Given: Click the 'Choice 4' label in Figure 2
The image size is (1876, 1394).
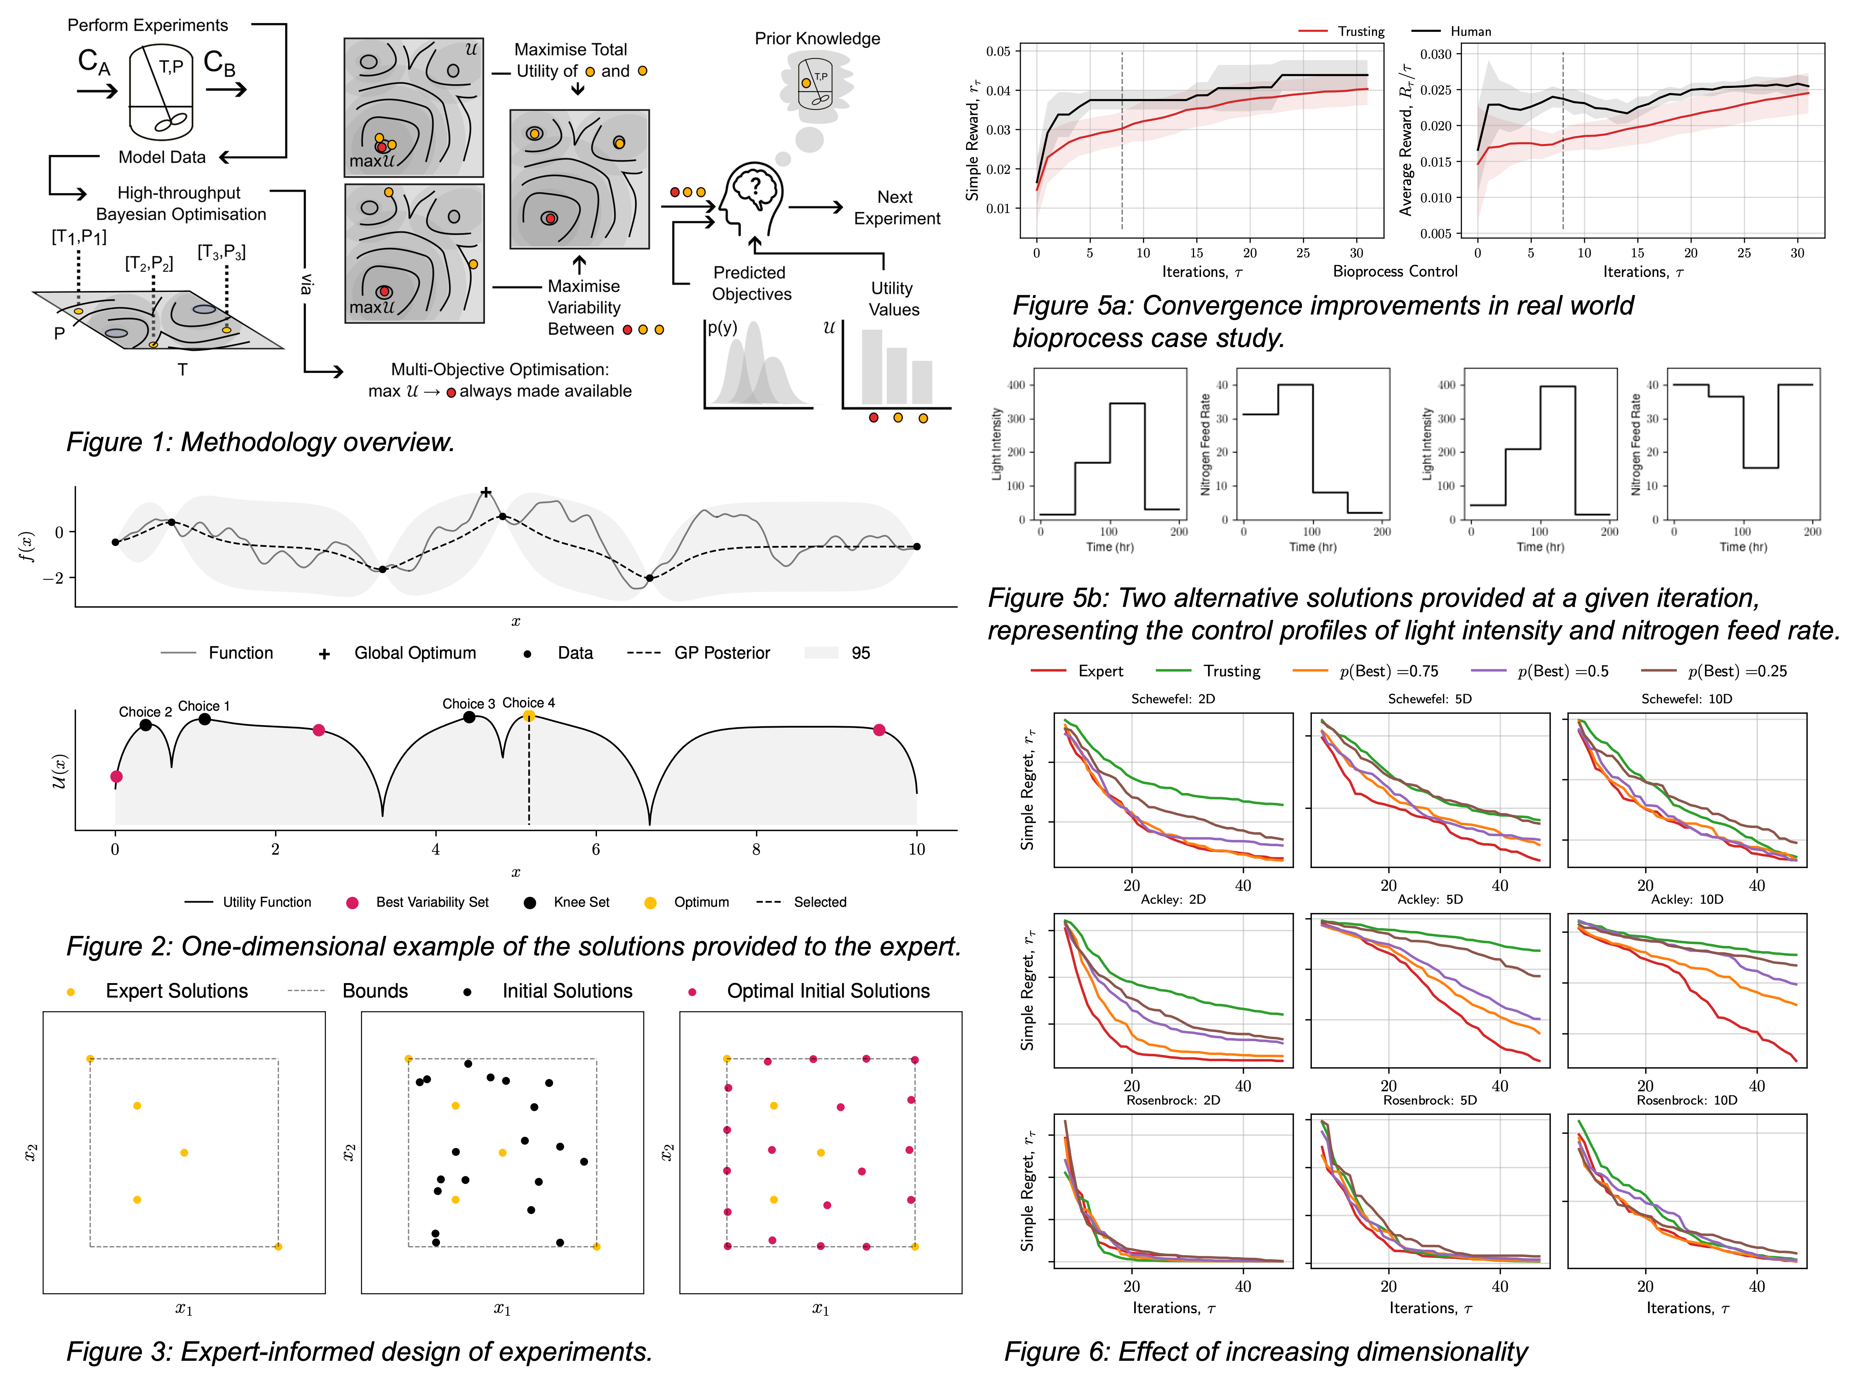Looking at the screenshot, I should tap(529, 703).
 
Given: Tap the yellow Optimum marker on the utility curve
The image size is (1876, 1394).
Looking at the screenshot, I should tap(529, 717).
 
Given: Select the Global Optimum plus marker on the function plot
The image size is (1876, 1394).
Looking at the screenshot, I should tap(485, 492).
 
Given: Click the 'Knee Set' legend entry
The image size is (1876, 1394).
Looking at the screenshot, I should tap(581, 902).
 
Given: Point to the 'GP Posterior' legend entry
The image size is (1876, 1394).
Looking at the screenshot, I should tap(722, 653).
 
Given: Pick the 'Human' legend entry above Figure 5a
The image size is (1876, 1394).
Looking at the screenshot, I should tap(1470, 31).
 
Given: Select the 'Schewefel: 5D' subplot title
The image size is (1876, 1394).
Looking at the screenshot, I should tap(1429, 699).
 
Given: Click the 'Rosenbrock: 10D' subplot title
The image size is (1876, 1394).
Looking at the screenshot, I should tap(1686, 1101).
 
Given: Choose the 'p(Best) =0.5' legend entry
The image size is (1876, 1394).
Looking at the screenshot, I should tap(1562, 672).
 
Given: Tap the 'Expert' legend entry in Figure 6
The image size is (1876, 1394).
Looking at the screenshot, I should tap(1100, 672).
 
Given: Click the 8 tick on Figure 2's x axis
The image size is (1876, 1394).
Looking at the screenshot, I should tap(755, 850).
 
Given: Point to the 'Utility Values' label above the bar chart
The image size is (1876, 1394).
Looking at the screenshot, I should tap(893, 299).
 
